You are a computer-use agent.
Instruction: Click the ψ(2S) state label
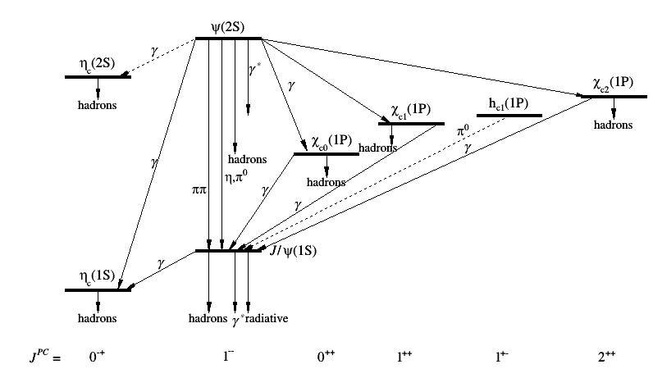click(x=228, y=28)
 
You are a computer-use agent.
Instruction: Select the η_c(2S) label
click(x=97, y=64)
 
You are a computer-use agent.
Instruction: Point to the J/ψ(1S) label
click(x=293, y=251)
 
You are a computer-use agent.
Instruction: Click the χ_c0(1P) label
click(x=331, y=142)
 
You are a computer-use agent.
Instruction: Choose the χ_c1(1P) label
click(x=411, y=110)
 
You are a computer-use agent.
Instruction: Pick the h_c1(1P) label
click(x=509, y=103)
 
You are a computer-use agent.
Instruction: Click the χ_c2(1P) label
click(x=614, y=84)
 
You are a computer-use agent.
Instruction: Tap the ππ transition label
click(x=199, y=190)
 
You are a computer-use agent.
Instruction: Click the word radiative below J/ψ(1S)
click(x=267, y=319)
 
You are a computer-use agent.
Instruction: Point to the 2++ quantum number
click(x=606, y=356)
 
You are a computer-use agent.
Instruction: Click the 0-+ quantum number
click(x=97, y=356)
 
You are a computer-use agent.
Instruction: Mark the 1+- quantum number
click(x=502, y=356)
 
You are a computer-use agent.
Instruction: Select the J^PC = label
click(x=45, y=356)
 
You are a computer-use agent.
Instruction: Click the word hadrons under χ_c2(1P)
click(x=613, y=125)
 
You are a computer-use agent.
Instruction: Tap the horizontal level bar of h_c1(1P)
click(x=509, y=116)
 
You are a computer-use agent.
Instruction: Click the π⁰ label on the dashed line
click(x=463, y=130)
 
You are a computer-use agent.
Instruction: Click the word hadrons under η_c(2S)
click(x=97, y=105)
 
